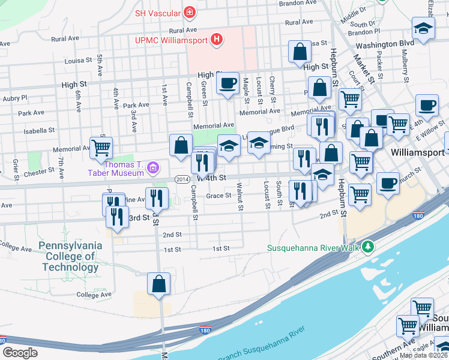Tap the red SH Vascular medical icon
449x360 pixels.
pyautogui.click(x=190, y=12)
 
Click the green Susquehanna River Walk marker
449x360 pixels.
pyautogui.click(x=368, y=247)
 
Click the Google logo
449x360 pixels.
pyautogui.click(x=19, y=352)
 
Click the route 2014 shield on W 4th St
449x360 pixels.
pyautogui.click(x=182, y=179)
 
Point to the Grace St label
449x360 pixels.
pyautogui.click(x=218, y=196)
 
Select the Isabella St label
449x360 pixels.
pyautogui.click(x=39, y=129)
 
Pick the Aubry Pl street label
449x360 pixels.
pyautogui.click(x=15, y=97)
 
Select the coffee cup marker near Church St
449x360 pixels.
pyautogui.click(x=388, y=181)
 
